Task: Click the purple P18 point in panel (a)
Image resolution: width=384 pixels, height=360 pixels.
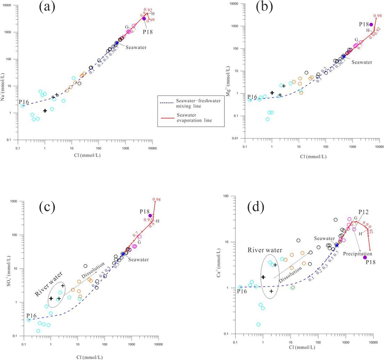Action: coord(144,19)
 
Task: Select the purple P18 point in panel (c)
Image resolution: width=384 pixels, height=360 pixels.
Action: coord(150,216)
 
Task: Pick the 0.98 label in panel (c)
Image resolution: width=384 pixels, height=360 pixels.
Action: coord(156,200)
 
